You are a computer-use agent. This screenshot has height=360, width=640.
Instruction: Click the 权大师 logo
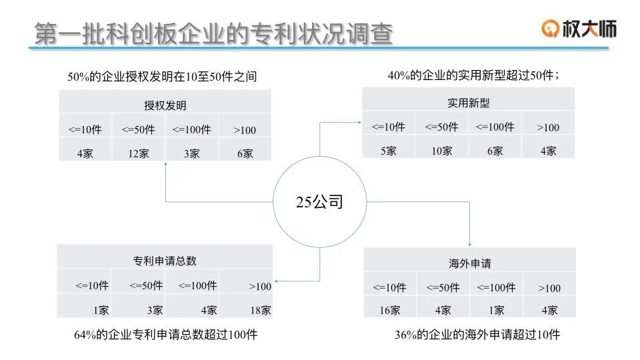pyautogui.click(x=579, y=27)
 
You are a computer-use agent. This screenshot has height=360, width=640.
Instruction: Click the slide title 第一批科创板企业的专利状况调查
pyautogui.click(x=213, y=34)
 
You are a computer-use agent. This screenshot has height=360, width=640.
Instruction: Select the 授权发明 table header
pyautogui.click(x=165, y=105)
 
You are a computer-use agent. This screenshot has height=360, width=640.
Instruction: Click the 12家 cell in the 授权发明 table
pyautogui.click(x=139, y=153)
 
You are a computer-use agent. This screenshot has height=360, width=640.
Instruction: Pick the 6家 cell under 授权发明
pyautogui.click(x=245, y=153)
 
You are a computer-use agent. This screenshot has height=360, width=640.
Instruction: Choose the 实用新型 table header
pyautogui.click(x=468, y=103)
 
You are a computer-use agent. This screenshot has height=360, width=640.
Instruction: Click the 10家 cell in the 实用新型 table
pyautogui.click(x=441, y=151)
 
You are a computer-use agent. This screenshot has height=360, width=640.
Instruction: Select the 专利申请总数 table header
pyautogui.click(x=165, y=261)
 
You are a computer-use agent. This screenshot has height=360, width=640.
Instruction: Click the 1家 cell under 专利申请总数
pyautogui.click(x=101, y=310)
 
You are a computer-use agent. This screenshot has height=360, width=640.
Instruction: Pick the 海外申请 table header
pyautogui.click(x=469, y=263)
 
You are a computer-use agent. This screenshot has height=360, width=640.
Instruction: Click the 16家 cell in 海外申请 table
pyautogui.click(x=390, y=310)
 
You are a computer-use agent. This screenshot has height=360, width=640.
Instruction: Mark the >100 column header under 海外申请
pyautogui.click(x=549, y=288)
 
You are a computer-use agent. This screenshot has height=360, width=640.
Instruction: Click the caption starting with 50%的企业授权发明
pyautogui.click(x=162, y=77)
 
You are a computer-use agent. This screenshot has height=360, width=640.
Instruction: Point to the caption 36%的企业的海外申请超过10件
pyautogui.click(x=477, y=335)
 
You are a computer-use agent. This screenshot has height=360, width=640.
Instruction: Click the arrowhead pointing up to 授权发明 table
pyautogui.click(x=165, y=166)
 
